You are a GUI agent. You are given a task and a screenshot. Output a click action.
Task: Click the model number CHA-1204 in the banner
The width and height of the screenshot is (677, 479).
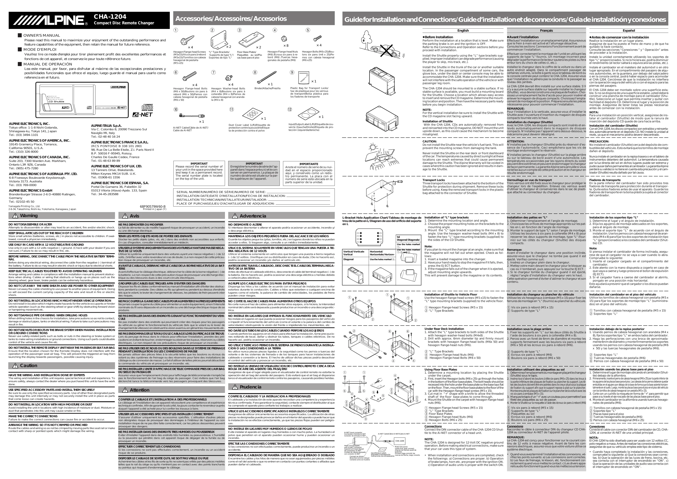(x=110, y=17)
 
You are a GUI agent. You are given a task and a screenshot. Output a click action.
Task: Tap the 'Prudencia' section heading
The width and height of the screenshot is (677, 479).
(x=250, y=387)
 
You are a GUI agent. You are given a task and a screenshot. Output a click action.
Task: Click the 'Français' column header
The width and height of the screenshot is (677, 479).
(x=546, y=30)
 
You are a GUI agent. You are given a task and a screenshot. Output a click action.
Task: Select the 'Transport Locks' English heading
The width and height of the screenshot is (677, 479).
(x=434, y=180)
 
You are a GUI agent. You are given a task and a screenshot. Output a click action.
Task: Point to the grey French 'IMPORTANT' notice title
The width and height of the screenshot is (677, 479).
(x=254, y=164)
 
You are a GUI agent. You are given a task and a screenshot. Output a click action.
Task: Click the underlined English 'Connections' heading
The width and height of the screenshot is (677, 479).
(x=433, y=426)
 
